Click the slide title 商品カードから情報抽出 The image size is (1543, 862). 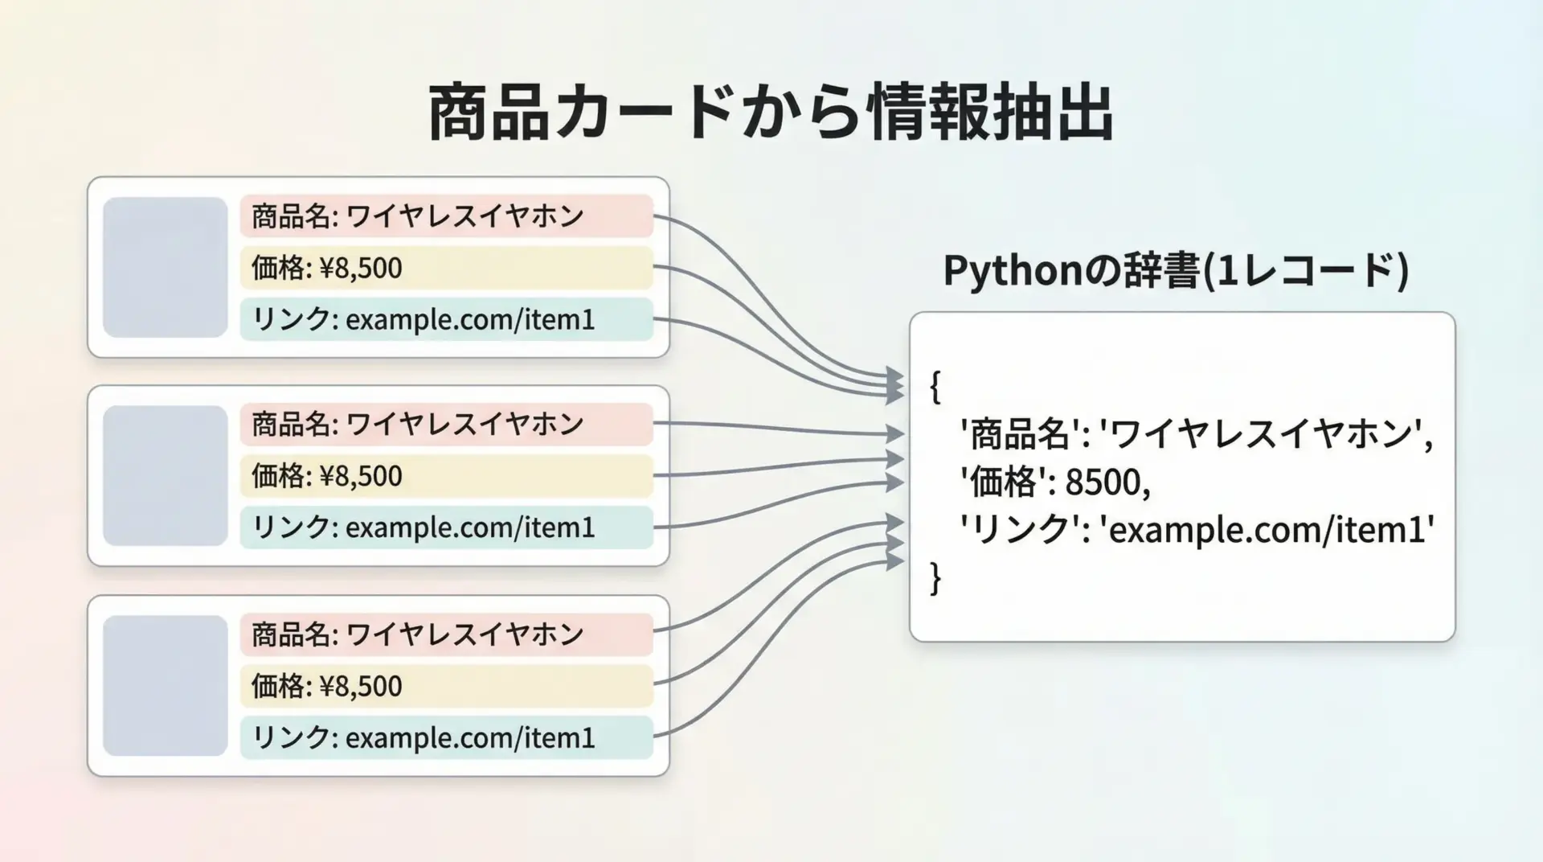[771, 113]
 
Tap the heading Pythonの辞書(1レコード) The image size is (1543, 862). [1176, 271]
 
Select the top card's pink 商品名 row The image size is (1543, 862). [446, 215]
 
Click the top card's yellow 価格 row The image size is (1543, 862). [446, 268]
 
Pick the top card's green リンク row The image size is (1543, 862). [446, 319]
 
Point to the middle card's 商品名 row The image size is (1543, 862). [446, 424]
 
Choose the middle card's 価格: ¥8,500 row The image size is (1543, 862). [446, 476]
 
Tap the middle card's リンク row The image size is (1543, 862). [446, 527]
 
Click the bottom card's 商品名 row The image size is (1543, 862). [446, 634]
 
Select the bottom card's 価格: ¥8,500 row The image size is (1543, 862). [446, 686]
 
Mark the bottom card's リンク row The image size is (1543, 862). [446, 737]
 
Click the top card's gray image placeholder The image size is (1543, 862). [166, 267]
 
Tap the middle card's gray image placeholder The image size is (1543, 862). [166, 476]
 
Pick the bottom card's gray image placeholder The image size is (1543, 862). [166, 686]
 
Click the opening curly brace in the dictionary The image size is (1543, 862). [935, 387]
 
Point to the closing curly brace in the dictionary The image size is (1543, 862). [935, 578]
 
